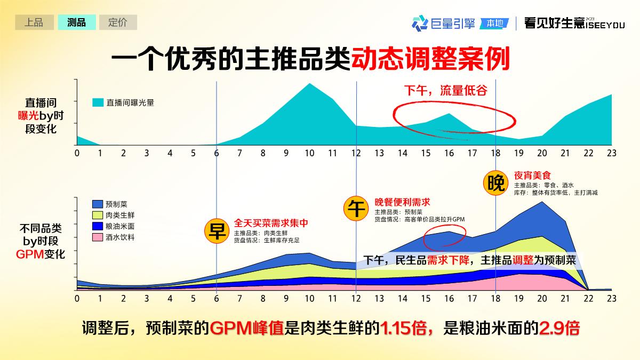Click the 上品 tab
[34, 22]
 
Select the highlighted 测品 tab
[76, 22]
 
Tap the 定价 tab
[118, 22]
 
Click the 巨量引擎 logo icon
[420, 23]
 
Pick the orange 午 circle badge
[356, 208]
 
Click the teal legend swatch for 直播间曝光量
[98, 102]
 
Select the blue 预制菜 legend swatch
[98, 204]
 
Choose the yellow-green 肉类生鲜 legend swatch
[98, 215]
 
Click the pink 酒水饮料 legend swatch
[98, 237]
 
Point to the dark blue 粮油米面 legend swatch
[98, 226]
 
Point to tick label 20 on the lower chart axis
[542, 299]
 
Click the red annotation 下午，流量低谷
[445, 91]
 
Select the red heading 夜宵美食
[532, 175]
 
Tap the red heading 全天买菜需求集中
[271, 223]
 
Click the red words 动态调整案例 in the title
[430, 59]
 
